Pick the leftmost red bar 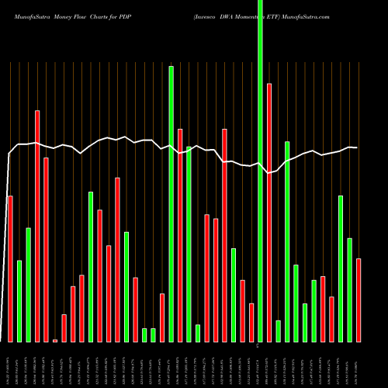[x=10, y=268]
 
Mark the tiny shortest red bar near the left [x=55, y=341]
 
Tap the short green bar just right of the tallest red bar [x=278, y=331]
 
